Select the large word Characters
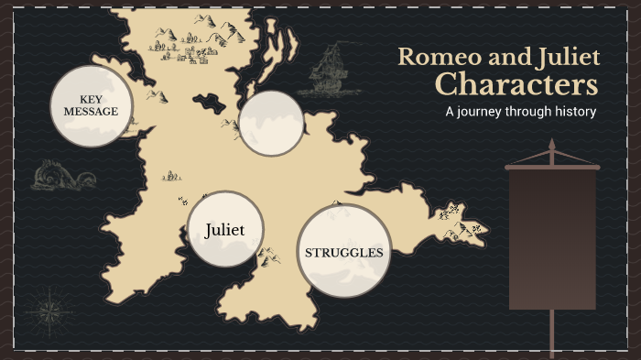click(516, 85)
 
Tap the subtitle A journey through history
click(520, 112)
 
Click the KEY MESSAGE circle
click(91, 105)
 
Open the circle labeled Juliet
click(225, 229)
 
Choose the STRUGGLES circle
click(343, 251)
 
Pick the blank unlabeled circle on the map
click(271, 123)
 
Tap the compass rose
click(51, 311)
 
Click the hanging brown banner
click(551, 238)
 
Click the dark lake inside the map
click(210, 102)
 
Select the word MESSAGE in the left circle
click(91, 112)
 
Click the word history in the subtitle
click(573, 112)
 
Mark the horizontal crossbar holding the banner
click(551, 167)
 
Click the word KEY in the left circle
click(92, 99)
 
